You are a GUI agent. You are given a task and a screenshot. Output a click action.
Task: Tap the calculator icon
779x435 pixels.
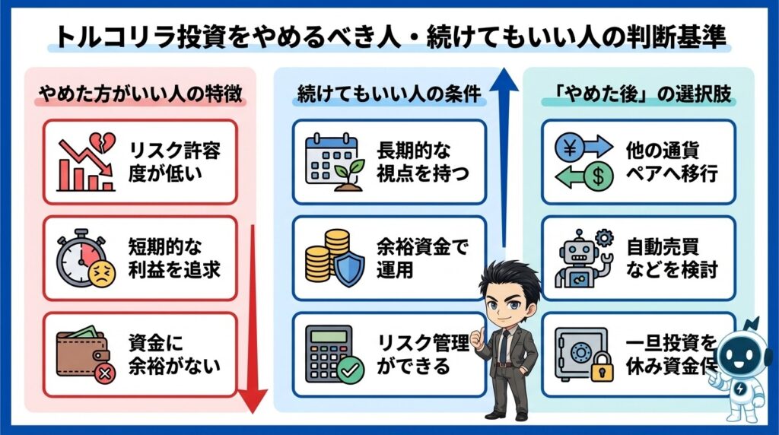pos(327,354)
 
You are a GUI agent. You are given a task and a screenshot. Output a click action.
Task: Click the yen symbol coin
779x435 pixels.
pos(568,144)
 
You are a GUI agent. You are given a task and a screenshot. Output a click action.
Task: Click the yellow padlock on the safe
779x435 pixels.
pos(603,369)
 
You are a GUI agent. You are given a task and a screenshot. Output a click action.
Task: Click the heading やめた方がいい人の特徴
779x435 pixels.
pos(141,97)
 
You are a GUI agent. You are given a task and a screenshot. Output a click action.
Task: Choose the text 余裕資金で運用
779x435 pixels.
pos(423,258)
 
